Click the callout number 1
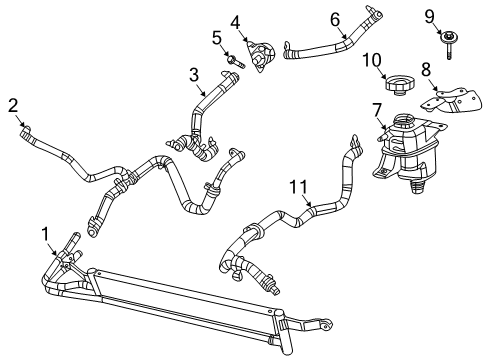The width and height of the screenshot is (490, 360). tap(44, 233)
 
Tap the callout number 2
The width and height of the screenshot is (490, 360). tap(13, 104)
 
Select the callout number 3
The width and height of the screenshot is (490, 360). tap(195, 73)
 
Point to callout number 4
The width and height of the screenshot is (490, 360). tap(234, 21)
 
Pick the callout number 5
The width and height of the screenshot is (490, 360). tap(215, 38)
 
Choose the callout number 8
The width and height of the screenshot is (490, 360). tap(425, 71)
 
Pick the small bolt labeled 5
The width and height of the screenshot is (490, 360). tap(233, 62)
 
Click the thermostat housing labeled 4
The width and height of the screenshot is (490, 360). tap(259, 56)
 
